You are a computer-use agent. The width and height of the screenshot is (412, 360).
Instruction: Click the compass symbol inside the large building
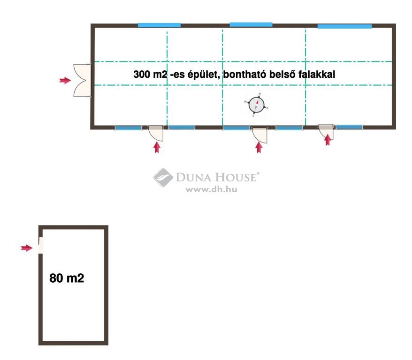[257, 105]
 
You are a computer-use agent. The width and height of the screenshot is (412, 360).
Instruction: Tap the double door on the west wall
[82, 80]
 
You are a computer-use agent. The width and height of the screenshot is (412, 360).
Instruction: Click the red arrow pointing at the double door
[65, 80]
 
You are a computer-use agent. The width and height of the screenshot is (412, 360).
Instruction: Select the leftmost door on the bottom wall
[156, 133]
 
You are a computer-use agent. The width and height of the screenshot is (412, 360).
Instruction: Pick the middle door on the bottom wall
[259, 135]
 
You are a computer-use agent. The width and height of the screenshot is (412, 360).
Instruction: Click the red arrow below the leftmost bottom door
[157, 147]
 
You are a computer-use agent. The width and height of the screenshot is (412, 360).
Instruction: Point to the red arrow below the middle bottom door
[259, 147]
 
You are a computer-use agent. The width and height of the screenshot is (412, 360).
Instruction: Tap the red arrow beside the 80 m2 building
[27, 248]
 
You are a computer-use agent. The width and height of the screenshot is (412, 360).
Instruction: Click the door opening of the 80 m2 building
[41, 245]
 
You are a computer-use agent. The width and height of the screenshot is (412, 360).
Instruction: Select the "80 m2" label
[67, 278]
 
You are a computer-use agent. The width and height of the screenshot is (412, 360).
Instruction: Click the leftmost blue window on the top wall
[159, 25]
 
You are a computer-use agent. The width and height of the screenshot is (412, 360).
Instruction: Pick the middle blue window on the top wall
[251, 25]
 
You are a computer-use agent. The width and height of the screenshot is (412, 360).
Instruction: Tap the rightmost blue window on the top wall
[344, 26]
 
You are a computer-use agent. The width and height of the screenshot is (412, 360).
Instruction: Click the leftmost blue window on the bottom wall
[128, 128]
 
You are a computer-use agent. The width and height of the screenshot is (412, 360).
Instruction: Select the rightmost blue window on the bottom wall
[349, 127]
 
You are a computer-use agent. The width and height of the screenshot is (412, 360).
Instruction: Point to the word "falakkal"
[317, 74]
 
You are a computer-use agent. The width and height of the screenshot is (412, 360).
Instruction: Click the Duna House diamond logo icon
[163, 177]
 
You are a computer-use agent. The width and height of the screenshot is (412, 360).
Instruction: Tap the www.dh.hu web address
[211, 189]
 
